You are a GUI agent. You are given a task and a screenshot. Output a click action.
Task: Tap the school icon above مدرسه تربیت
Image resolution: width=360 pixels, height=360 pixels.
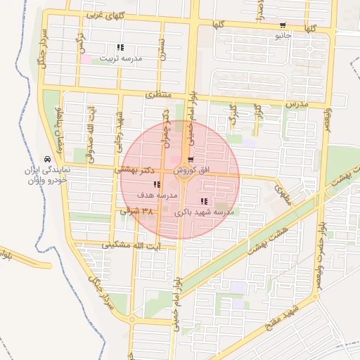click(120, 48)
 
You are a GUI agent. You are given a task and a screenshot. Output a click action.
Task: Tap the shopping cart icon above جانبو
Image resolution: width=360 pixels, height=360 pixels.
click(283, 25)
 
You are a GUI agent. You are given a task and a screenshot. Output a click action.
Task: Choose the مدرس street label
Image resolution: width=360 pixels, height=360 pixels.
click(297, 103)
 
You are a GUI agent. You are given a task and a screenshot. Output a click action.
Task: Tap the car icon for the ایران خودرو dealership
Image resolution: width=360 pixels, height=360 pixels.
click(47, 160)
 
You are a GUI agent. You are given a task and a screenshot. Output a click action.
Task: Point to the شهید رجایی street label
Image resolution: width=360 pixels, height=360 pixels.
click(120, 125)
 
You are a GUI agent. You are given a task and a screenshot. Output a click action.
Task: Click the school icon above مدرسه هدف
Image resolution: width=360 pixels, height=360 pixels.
click(155, 184)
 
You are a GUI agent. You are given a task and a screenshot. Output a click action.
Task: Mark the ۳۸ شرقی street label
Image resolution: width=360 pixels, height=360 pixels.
click(136, 210)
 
